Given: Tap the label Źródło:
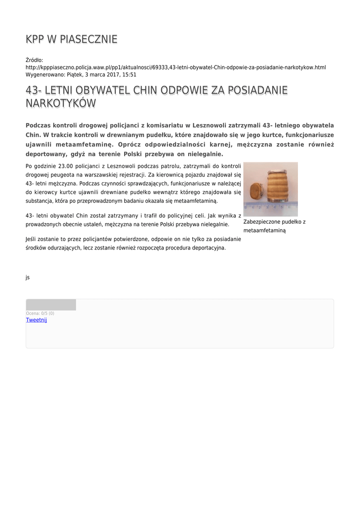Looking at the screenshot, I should coord(34,60).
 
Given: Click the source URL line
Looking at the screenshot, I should coord(175,67).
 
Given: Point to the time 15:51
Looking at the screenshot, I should coord(130,74).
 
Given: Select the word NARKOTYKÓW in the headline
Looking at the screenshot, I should coord(61,104).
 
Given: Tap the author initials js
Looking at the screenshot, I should coord(28,277).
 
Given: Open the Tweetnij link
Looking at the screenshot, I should coord(36,320).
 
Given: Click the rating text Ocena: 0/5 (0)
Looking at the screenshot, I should coord(40,314).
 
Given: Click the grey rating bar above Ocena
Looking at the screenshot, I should coord(51,305).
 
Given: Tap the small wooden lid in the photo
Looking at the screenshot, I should coord(257,190).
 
